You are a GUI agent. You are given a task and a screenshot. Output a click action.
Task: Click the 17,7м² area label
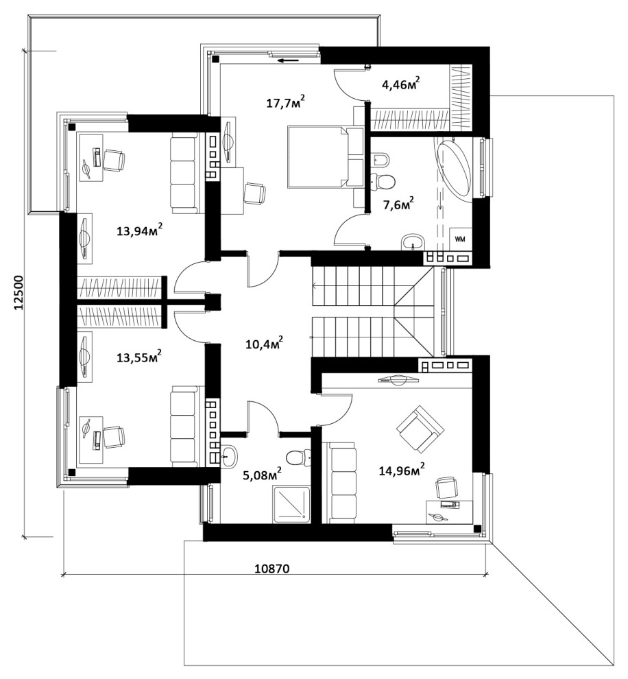coord(286,103)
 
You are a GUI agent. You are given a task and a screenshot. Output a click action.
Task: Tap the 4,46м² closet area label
coord(401,83)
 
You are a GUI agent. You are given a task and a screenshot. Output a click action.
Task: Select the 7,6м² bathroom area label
coord(398,202)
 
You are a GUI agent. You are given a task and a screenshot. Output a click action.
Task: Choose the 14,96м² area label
coord(402,469)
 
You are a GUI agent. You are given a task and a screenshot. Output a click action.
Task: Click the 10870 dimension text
coord(271,568)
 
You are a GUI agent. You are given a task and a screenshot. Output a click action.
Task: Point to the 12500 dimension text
coord(19,293)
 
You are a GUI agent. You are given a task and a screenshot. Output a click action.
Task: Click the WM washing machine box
coord(460,239)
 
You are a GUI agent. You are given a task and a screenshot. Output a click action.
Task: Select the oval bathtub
coord(453,169)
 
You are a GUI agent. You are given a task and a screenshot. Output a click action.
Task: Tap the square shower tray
coord(291,504)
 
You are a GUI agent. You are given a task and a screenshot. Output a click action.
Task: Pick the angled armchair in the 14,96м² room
coord(421,429)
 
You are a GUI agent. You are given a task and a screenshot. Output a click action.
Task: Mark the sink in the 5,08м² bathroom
coord(229,457)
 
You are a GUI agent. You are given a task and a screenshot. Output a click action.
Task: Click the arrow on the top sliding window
coord(287,60)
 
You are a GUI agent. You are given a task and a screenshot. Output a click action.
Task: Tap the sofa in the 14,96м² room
coord(342,482)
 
